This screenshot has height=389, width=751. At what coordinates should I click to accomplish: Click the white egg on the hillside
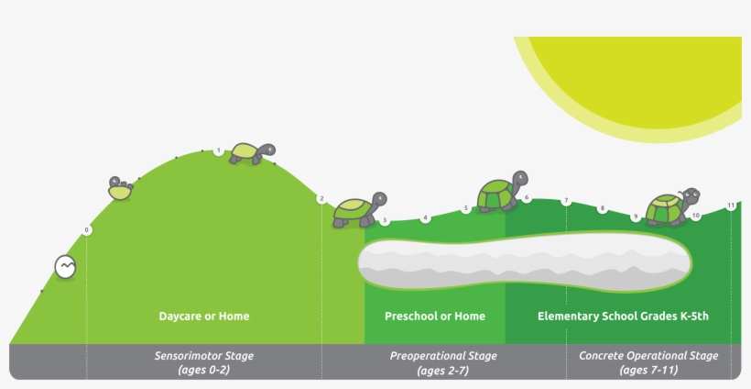pos(65,267)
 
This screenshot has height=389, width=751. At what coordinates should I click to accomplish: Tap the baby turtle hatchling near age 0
pos(120,189)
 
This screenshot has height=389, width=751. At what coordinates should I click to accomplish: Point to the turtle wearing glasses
pos(672,207)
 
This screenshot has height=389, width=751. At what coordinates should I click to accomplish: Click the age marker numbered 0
pos(87,229)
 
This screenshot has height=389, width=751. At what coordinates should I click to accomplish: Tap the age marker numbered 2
pos(321,199)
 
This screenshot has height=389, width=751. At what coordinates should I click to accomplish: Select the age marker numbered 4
pos(425,218)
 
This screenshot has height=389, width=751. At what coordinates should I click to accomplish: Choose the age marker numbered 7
pos(566,201)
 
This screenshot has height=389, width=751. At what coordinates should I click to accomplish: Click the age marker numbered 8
pos(603,209)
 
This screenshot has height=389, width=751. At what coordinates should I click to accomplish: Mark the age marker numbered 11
pos(731,206)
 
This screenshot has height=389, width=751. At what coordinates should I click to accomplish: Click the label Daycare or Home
pos(203,317)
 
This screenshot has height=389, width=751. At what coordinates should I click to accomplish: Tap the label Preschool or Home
pos(435,317)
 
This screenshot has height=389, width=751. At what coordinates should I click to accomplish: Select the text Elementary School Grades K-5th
pos(623,317)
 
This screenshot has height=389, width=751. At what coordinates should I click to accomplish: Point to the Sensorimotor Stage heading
pos(203,356)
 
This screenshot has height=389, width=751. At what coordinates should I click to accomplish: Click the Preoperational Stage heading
pos(443,356)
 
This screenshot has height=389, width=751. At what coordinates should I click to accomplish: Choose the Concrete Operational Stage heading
pos(648,356)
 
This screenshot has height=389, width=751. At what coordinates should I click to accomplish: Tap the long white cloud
pos(522,261)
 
